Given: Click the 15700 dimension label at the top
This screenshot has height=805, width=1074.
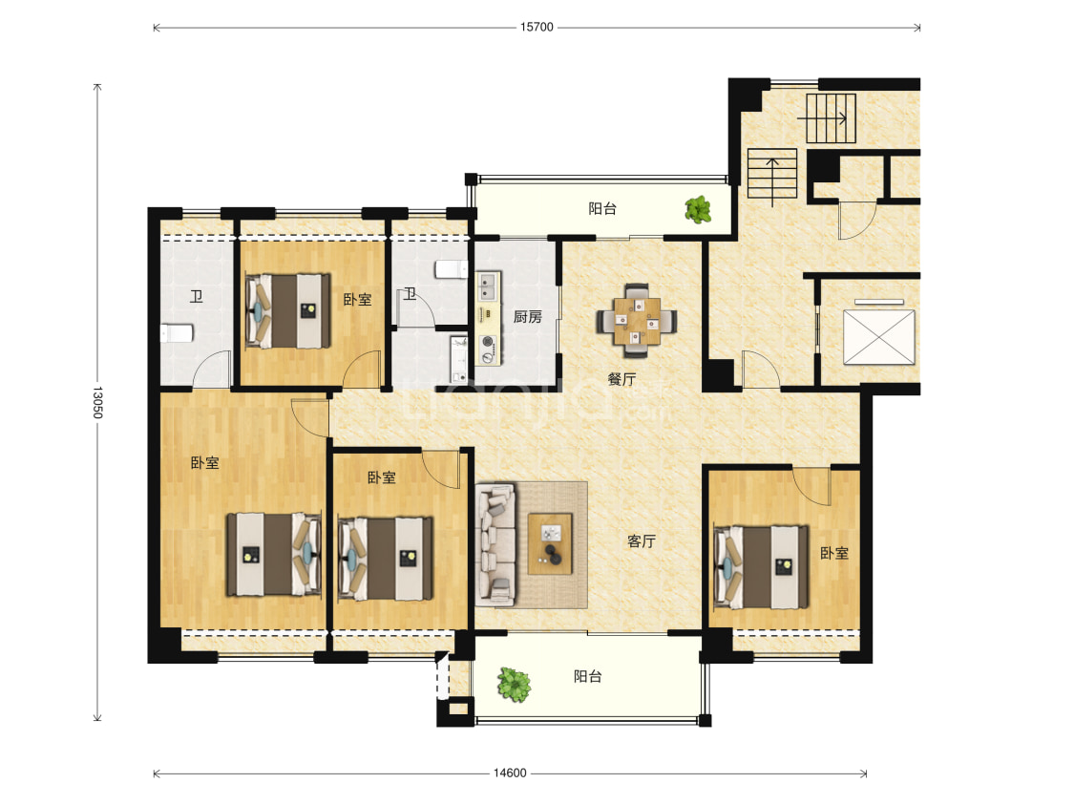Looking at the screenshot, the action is [x=537, y=28].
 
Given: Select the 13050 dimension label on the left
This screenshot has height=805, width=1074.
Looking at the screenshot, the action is [x=97, y=402].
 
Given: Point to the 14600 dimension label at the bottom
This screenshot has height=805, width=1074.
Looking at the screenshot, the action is [x=510, y=773].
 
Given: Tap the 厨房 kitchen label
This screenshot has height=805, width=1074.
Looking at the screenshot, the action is [x=527, y=316].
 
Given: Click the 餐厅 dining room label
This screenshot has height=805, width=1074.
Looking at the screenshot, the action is [x=621, y=379].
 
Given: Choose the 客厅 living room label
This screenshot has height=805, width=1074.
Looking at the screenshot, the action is [x=642, y=541].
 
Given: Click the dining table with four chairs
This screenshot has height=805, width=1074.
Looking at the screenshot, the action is [x=637, y=321].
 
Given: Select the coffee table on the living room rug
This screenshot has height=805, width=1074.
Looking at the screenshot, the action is [x=550, y=543].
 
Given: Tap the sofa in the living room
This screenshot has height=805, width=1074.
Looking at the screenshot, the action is [x=495, y=544].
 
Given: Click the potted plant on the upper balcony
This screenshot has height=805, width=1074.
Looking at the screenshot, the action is [x=698, y=210].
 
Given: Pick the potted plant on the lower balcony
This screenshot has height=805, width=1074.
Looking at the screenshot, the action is [x=514, y=685].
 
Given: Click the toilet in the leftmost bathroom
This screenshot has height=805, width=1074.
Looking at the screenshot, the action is [x=177, y=333].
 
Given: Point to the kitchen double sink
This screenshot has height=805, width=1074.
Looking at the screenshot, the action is [x=489, y=286].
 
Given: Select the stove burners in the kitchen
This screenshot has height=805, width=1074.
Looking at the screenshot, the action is [x=488, y=349].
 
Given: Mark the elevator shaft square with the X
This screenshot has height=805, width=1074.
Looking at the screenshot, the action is [x=879, y=337].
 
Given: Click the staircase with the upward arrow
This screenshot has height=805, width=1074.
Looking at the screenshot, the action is [x=772, y=174].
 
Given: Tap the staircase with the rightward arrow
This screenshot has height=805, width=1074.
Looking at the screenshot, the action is [x=831, y=118].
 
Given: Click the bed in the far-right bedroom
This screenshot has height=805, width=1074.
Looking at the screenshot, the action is [x=761, y=567].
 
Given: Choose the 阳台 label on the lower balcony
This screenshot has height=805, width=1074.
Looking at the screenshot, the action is [x=588, y=676].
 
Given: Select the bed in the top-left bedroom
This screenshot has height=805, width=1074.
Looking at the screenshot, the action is [x=288, y=311].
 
